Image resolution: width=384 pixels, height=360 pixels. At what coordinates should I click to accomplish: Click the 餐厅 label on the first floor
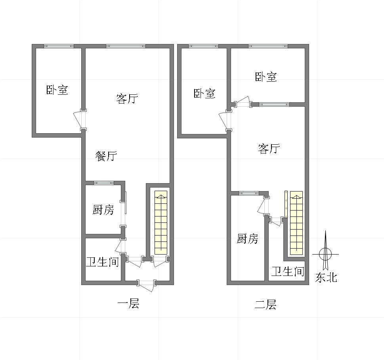coord(106,156)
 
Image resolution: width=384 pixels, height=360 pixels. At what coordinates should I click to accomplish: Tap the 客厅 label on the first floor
coord(127,98)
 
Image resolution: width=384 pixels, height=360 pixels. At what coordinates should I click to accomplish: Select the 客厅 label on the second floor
coord(269,149)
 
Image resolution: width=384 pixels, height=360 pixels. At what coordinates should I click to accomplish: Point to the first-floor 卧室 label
coord(57,90)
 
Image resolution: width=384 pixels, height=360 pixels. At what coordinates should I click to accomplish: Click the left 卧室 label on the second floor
coord(204,94)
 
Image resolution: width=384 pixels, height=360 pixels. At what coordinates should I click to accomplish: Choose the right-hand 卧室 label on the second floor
coord(266,77)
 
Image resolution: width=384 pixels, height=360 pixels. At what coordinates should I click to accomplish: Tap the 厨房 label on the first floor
coord(103,210)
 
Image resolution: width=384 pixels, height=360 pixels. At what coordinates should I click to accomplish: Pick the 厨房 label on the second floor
coord(247,239)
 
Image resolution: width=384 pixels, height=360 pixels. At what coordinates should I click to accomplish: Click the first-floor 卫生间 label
coord(103,262)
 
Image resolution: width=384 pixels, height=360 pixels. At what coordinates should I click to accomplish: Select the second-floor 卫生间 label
coord(288,272)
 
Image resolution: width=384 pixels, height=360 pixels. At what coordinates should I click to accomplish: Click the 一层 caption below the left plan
coord(128,304)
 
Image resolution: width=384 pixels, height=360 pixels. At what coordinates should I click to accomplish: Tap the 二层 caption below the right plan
coord(265,304)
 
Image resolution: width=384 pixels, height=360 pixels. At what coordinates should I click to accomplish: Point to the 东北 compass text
coord(326,278)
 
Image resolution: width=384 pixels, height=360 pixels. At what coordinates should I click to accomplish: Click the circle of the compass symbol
coord(325,254)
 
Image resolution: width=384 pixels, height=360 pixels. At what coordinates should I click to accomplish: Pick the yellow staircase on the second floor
coord(296,223)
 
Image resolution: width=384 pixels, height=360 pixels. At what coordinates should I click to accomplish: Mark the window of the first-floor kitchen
coord(103,183)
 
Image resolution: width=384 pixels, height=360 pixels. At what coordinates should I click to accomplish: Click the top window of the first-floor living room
coord(125,46)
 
